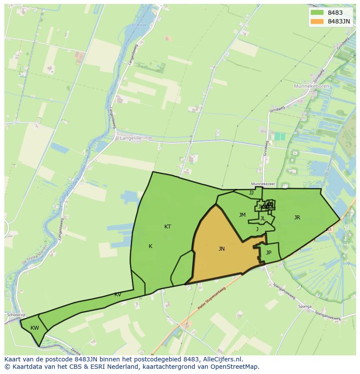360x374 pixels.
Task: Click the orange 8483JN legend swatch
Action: point(317,21)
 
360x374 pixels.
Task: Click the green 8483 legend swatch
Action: point(317,13)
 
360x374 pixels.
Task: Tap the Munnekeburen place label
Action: point(311,86)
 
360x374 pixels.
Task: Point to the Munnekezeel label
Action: point(263,184)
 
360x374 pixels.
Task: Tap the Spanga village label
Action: point(305,307)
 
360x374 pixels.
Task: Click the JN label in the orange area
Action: point(221,249)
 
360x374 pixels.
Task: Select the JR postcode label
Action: point(297,218)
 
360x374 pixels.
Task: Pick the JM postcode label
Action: point(242,215)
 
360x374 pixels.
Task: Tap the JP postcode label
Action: point(269,253)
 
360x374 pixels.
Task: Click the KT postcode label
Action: point(167,227)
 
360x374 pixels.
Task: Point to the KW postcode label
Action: point(35,328)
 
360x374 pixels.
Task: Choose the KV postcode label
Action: point(118,295)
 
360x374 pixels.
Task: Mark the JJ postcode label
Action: point(251,193)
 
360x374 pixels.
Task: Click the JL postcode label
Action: point(263,218)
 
